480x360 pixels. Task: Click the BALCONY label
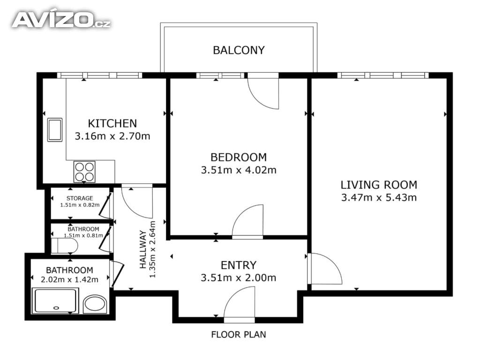[239, 50]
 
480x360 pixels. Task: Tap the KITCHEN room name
[112, 123]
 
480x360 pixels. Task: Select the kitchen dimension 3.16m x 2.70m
[112, 136]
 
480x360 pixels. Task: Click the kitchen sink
[55, 130]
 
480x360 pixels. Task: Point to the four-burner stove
[84, 172]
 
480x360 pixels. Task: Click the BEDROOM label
[239, 157]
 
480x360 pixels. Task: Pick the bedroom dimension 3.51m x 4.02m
[239, 170]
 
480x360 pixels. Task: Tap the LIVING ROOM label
[379, 185]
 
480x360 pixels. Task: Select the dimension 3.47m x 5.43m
[379, 197]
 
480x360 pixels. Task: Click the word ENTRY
[239, 265]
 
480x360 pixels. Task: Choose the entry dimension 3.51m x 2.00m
[239, 277]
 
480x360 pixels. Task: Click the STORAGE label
[80, 198]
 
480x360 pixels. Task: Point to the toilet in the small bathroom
[64, 246]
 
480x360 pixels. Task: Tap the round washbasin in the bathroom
[95, 304]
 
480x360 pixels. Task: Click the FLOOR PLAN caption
[239, 335]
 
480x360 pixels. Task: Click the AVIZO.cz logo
[61, 20]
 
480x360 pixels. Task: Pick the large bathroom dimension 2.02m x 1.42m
[69, 279]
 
